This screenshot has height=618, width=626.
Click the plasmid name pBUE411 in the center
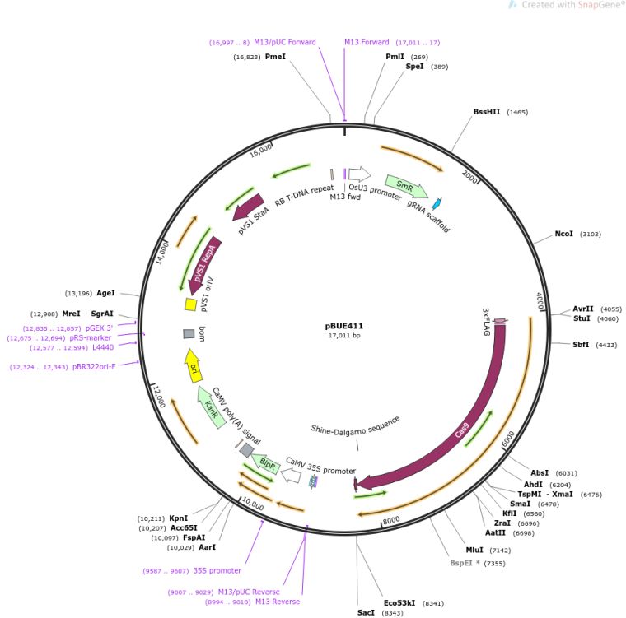[345, 326]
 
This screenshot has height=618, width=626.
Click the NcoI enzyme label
[563, 234]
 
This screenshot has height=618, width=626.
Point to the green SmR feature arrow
[405, 186]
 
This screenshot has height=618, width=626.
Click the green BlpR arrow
[266, 463]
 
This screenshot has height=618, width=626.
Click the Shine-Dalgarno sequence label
[355, 429]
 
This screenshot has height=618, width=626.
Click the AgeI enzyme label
[106, 292]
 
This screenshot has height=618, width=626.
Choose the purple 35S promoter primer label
[217, 570]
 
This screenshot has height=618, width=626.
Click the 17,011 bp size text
[345, 336]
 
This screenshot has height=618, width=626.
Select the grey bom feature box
[189, 333]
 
